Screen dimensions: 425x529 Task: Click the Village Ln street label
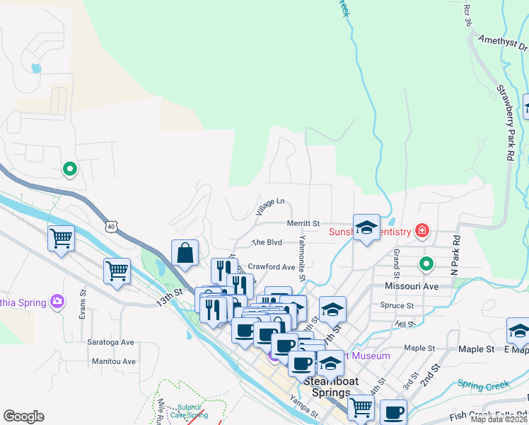270,206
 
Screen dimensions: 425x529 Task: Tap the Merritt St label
303,223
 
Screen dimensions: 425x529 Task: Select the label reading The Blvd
267,242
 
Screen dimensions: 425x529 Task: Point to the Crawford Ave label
271,267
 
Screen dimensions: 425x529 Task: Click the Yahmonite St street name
302,258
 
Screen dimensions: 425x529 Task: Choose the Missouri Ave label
412,286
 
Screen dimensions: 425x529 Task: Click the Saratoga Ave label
110,342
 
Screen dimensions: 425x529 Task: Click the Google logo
24,416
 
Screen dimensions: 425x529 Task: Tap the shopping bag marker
185,254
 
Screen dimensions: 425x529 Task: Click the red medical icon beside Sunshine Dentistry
422,230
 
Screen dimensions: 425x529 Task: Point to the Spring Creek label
483,385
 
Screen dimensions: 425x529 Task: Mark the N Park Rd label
456,255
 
